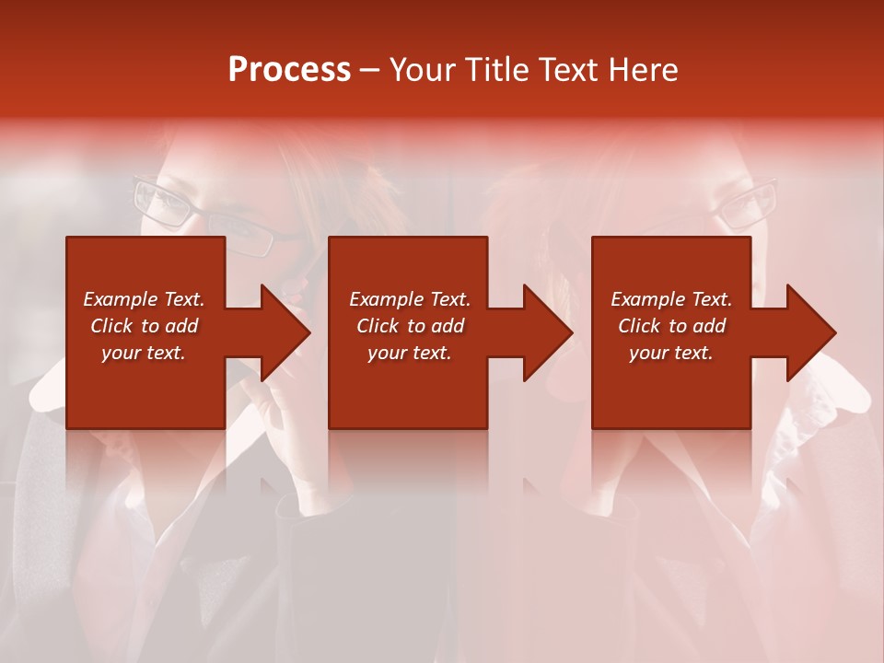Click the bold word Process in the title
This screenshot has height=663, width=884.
click(289, 70)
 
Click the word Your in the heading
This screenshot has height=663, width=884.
click(425, 70)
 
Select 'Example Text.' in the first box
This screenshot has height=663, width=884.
click(144, 299)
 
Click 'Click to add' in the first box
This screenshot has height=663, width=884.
click(144, 326)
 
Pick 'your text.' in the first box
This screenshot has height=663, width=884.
click(144, 353)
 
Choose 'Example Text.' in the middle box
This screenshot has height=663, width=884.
click(410, 299)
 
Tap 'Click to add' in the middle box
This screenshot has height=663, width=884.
click(410, 326)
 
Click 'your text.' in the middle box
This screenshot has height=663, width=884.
click(410, 353)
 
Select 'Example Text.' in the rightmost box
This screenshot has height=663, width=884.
click(671, 299)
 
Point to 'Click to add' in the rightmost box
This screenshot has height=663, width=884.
click(671, 326)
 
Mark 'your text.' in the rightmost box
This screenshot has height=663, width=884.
click(671, 353)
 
